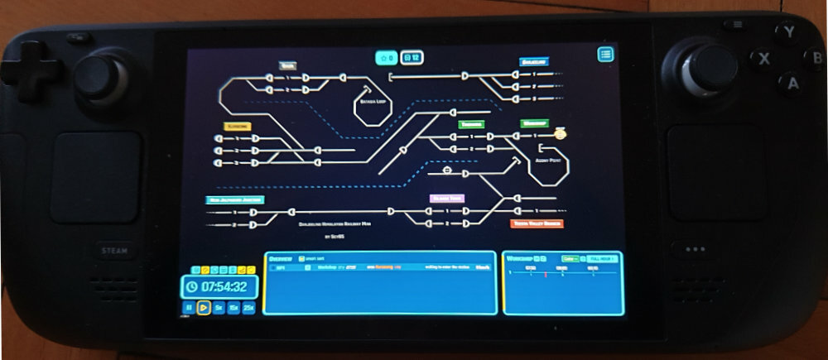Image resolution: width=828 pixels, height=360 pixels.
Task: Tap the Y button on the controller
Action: pyautogui.click(x=789, y=32)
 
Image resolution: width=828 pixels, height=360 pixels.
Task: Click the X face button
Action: pyautogui.click(x=763, y=59)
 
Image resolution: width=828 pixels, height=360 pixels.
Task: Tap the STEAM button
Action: pyautogui.click(x=108, y=251)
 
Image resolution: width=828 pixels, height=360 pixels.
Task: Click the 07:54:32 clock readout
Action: pyautogui.click(x=224, y=287)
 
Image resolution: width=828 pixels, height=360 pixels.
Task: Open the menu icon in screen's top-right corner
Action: pyautogui.click(x=606, y=55)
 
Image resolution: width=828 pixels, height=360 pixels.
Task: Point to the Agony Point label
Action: pyautogui.click(x=548, y=161)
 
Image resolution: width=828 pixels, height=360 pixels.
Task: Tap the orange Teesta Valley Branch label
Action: pyautogui.click(x=537, y=223)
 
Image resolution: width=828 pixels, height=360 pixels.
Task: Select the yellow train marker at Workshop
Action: pyautogui.click(x=561, y=133)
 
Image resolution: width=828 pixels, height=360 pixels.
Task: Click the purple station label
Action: pyautogui.click(x=446, y=199)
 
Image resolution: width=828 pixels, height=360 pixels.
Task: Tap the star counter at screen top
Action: pyautogui.click(x=385, y=58)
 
